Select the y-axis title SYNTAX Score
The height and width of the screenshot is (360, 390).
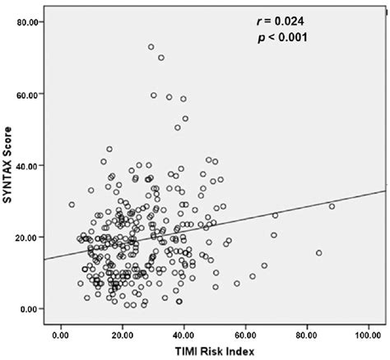click(x=10, y=168)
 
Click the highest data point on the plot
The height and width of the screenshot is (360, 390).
click(x=151, y=47)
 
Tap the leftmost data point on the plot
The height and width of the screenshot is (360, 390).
click(x=72, y=205)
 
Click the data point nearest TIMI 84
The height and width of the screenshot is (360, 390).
click(x=318, y=253)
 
